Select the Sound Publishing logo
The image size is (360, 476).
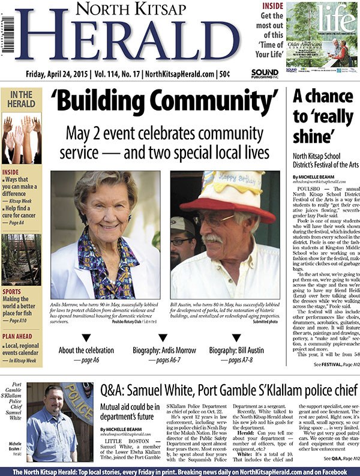(x=264, y=74)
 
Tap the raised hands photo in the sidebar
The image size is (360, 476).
(x=21, y=139)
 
